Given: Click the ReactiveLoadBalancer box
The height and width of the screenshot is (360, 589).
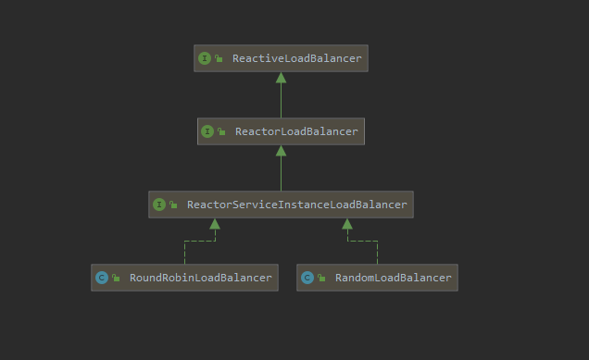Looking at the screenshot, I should [x=281, y=58].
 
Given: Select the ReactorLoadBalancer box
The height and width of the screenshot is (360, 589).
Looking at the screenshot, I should [x=281, y=131].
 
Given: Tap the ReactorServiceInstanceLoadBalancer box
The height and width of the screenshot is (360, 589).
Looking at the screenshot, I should [x=281, y=205].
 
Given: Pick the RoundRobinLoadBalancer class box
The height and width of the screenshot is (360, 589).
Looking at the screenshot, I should [x=184, y=278].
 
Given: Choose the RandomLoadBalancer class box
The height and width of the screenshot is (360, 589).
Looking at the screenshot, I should [x=377, y=278].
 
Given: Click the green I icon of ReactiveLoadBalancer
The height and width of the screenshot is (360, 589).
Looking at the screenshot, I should [x=205, y=58].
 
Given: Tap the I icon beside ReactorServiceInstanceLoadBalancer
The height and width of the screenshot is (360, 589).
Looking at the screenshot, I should [x=158, y=205].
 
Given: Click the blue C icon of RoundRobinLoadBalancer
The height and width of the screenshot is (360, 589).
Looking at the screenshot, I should [x=101, y=278].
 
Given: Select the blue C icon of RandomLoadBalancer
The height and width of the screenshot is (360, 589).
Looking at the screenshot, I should [x=307, y=278].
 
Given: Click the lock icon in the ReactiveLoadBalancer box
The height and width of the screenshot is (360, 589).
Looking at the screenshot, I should [x=219, y=58].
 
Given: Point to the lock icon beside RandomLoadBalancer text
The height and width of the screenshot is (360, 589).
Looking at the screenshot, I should [x=321, y=278].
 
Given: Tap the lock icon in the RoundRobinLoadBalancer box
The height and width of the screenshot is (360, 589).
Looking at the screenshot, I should [x=116, y=278].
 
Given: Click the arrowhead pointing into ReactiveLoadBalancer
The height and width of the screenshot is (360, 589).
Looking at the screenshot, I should [x=281, y=78].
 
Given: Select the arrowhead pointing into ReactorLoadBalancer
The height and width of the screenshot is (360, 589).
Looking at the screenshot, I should [x=281, y=151].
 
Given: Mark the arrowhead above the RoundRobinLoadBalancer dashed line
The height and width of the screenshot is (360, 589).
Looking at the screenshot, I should [x=215, y=224].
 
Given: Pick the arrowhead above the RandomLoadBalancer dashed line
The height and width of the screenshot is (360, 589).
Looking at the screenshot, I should [x=347, y=224].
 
